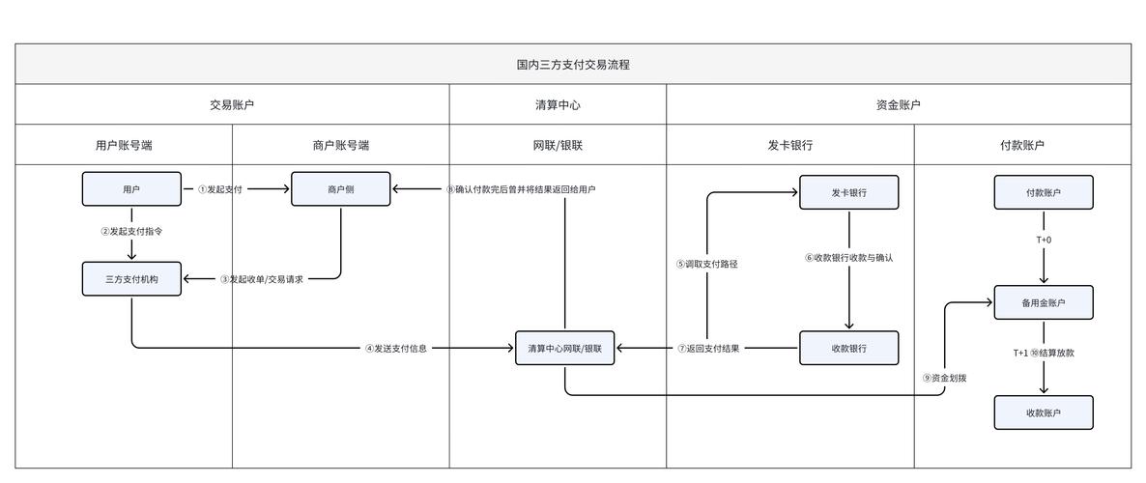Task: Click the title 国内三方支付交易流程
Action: [573, 65]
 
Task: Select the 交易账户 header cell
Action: [232, 105]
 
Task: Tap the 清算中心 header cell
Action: [558, 105]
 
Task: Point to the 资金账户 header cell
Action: [898, 105]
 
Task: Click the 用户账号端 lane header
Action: [124, 146]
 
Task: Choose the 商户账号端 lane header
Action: [340, 146]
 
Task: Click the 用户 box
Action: [131, 189]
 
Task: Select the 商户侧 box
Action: [340, 189]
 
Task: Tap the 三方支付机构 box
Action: [131, 279]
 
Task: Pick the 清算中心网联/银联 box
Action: [565, 348]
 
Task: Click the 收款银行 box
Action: [848, 348]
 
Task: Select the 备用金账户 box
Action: [1044, 302]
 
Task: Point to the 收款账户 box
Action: [1044, 412]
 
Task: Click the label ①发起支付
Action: [220, 189]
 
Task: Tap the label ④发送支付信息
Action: [395, 349]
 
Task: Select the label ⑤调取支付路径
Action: [707, 264]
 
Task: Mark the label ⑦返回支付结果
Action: [708, 349]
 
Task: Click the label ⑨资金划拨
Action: [944, 378]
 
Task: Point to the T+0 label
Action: [1044, 240]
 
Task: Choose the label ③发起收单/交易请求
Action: [261, 279]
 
